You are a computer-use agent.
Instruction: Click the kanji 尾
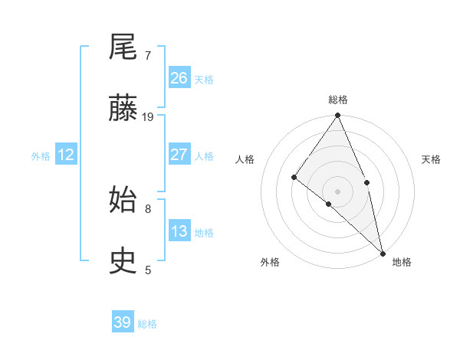coord(124,49)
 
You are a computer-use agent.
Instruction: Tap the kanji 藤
coord(124,110)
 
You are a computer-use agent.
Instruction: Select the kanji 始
coord(124,201)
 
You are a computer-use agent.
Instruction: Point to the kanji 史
coord(124,262)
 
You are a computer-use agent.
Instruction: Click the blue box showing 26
coord(179,77)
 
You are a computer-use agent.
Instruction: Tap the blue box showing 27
coord(179,155)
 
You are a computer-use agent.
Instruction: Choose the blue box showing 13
coord(179,231)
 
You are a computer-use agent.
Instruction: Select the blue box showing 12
coord(66,155)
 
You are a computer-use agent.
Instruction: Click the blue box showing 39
coord(123,322)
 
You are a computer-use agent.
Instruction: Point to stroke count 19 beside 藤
coord(148,117)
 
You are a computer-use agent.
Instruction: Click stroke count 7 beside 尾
coord(148,56)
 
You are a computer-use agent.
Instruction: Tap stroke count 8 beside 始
coord(148,208)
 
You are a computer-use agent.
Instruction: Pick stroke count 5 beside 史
coord(148,270)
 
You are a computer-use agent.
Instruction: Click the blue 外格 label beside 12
coord(41,156)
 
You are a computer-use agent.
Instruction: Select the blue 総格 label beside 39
coord(148,324)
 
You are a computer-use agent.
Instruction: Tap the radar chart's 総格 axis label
coord(338,100)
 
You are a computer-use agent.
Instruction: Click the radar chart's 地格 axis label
coord(402,262)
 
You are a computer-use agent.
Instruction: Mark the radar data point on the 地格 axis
coord(383,252)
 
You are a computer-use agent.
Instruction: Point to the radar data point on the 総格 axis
coord(338,116)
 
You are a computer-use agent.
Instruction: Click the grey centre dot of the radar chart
coord(338,191)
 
